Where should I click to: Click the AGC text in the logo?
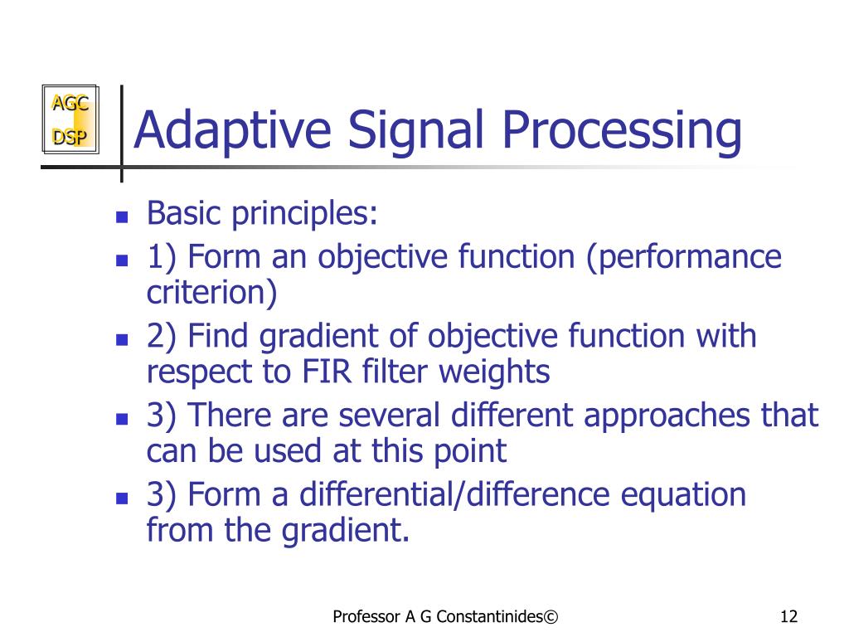(x=70, y=104)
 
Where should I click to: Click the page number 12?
(x=788, y=616)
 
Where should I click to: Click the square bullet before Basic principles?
(x=121, y=218)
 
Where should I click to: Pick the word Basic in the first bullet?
(x=185, y=214)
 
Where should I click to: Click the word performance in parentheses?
(x=689, y=257)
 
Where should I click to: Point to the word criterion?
(x=212, y=292)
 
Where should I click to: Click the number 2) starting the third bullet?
(x=162, y=337)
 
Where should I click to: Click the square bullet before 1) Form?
(x=121, y=260)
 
